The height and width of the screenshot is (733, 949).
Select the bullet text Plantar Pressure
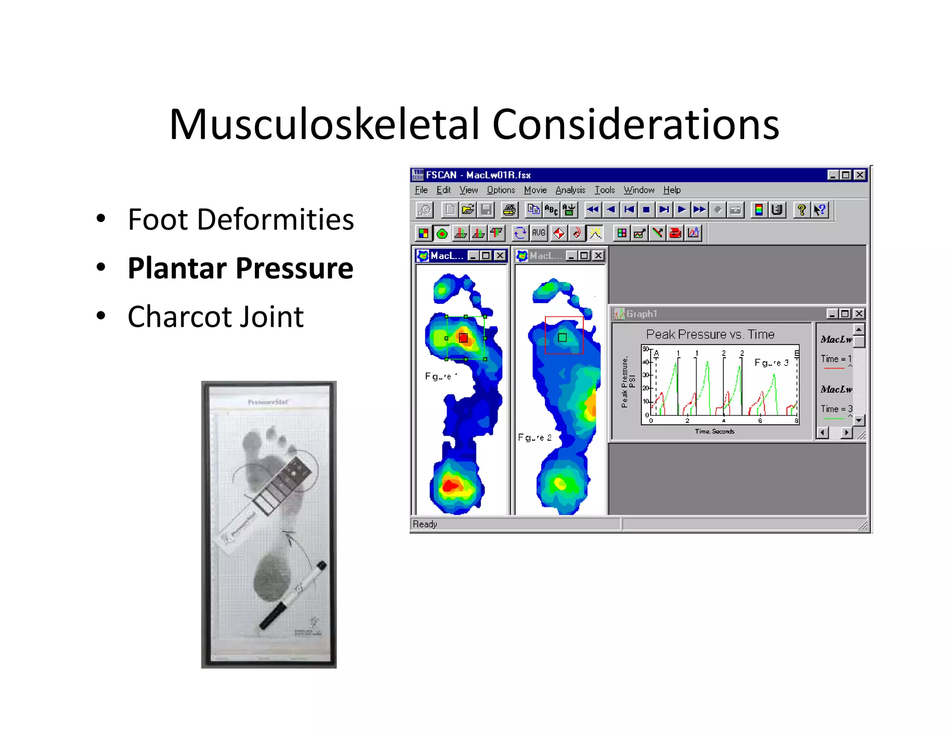point(240,268)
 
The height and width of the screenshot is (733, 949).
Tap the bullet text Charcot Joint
point(215,317)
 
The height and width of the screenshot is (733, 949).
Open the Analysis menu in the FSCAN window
point(570,190)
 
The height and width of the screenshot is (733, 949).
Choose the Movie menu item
point(535,190)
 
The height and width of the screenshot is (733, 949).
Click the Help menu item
point(671,190)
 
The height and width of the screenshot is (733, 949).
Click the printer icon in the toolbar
point(509,210)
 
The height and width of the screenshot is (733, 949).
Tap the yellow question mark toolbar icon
point(801,210)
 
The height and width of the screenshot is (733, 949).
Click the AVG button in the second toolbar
point(538,233)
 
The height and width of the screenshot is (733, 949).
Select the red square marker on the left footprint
point(463,338)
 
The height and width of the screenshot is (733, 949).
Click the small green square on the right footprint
point(562,337)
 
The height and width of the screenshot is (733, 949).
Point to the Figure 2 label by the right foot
point(534,437)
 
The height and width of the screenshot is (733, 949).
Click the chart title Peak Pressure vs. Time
point(710,334)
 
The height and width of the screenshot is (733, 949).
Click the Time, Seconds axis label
point(714,431)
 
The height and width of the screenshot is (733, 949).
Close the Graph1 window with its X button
point(859,314)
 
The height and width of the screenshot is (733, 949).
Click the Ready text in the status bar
point(425,524)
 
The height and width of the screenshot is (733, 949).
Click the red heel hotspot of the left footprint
point(450,485)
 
